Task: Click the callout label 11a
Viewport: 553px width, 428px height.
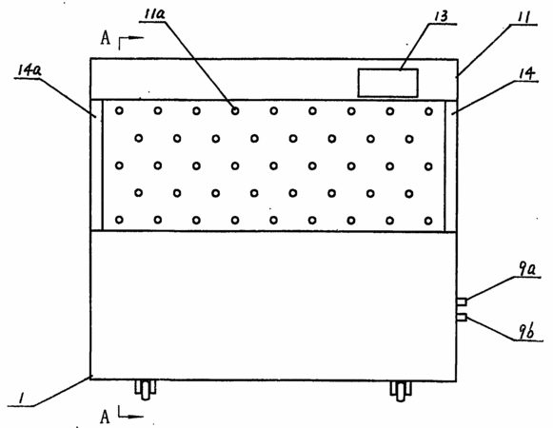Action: (x=155, y=14)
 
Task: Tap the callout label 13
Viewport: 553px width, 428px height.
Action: (x=441, y=16)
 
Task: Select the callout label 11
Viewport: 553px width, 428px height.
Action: (x=523, y=17)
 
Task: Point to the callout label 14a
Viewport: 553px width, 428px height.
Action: (x=30, y=70)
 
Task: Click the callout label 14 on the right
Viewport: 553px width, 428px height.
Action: (x=526, y=73)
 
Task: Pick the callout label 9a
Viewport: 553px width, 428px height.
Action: (x=527, y=269)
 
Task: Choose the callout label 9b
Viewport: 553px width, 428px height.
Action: (x=526, y=331)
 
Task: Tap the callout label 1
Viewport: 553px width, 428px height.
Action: (x=22, y=399)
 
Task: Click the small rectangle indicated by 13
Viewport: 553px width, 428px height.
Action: (x=388, y=83)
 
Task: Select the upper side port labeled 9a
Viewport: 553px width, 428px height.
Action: (x=462, y=302)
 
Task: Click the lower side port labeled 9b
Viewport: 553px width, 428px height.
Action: (x=462, y=318)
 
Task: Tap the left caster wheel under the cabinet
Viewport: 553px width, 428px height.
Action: (x=146, y=390)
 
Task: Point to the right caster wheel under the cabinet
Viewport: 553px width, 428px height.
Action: (x=401, y=391)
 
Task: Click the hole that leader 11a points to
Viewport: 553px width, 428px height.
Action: (x=235, y=111)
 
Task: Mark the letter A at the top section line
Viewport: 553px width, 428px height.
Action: (x=105, y=38)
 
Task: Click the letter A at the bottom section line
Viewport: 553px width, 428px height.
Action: (x=105, y=417)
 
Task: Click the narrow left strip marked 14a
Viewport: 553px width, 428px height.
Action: (x=96, y=165)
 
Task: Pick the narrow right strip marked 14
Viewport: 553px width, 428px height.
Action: (x=451, y=166)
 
